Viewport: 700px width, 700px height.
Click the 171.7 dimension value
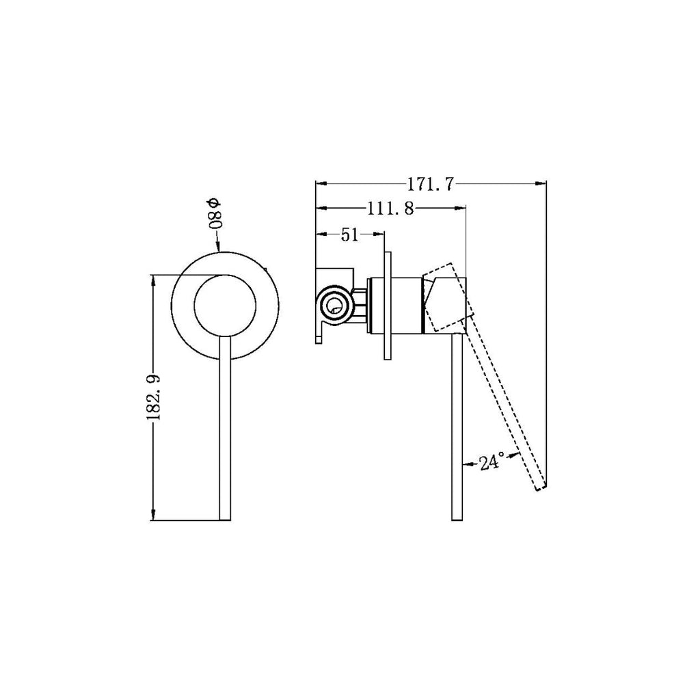[x=431, y=184]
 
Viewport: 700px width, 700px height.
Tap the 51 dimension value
[x=349, y=235]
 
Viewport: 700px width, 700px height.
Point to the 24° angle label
[x=492, y=463]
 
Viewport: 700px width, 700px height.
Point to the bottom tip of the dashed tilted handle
[x=540, y=487]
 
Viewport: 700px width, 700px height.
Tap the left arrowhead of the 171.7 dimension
[x=319, y=183]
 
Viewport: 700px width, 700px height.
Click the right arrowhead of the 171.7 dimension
[x=543, y=183]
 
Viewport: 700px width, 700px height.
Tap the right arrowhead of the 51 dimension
[x=385, y=234]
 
